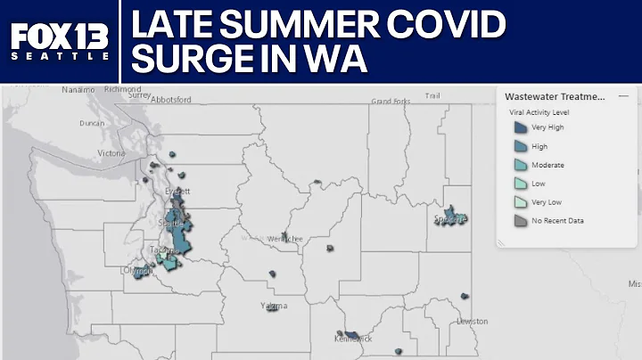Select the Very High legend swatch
pos(518,127)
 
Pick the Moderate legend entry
pos(547,165)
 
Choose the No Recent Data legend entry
pos(557,220)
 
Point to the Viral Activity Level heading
pos(539,113)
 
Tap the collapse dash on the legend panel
pos(622,95)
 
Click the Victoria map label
pos(111,153)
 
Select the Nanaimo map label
pos(78,90)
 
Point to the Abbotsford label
pos(171,100)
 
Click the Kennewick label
pos(351,340)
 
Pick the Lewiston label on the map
pos(472,321)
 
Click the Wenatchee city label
pos(287,239)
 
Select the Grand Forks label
pos(389,102)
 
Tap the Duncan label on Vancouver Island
pos(92,123)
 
